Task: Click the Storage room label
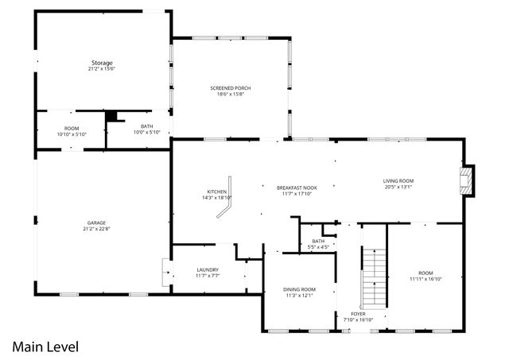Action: coord(101,62)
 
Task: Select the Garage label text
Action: coord(97,223)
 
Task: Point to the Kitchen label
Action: coord(217,192)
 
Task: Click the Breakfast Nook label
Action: coord(297,188)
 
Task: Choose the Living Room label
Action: coord(398,181)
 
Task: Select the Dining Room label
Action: coord(299,289)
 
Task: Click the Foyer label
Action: coord(359,314)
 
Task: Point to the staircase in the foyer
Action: coord(373,278)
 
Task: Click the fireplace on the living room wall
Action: coord(468,181)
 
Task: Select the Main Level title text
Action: coord(45,346)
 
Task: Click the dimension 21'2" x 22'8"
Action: coord(97,229)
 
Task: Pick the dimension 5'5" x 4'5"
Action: coord(318,247)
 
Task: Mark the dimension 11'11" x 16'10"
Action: coord(425,279)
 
